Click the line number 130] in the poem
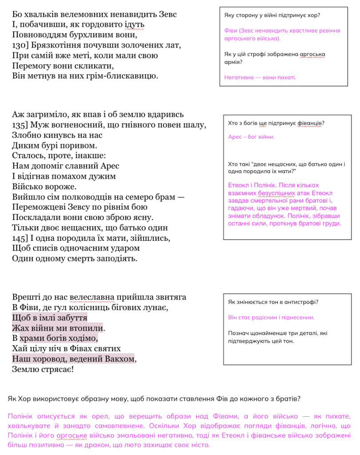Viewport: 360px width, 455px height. (20, 45)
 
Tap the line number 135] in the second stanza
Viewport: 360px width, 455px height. (20, 125)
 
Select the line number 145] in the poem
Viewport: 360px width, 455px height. (20, 238)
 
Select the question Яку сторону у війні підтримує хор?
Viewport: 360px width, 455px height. (272, 15)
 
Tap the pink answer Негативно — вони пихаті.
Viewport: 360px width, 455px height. (260, 77)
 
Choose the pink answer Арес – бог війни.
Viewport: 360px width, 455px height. (251, 137)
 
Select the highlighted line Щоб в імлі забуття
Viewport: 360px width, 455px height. (50, 317)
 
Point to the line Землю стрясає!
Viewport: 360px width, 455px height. (43, 369)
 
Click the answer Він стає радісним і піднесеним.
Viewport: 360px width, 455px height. (271, 318)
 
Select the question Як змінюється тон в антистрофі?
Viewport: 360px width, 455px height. (273, 302)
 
